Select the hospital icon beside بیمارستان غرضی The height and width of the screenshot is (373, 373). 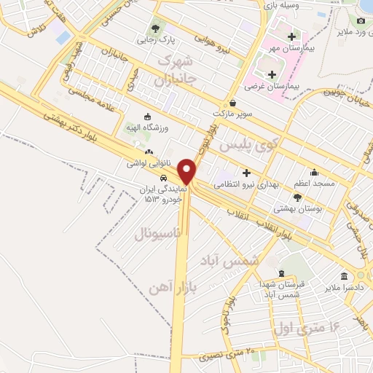[x=272, y=74]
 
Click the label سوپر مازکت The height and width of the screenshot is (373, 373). [x=232, y=114]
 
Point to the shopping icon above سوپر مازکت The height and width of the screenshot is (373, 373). [x=232, y=103]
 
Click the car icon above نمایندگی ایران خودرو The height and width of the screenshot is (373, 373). [x=164, y=178]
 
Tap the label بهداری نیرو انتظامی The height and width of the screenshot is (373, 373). [x=246, y=184]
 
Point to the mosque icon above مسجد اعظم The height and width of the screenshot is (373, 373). [x=314, y=173]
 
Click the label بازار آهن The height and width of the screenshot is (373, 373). [x=167, y=283]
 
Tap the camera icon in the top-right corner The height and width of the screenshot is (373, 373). [x=361, y=20]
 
